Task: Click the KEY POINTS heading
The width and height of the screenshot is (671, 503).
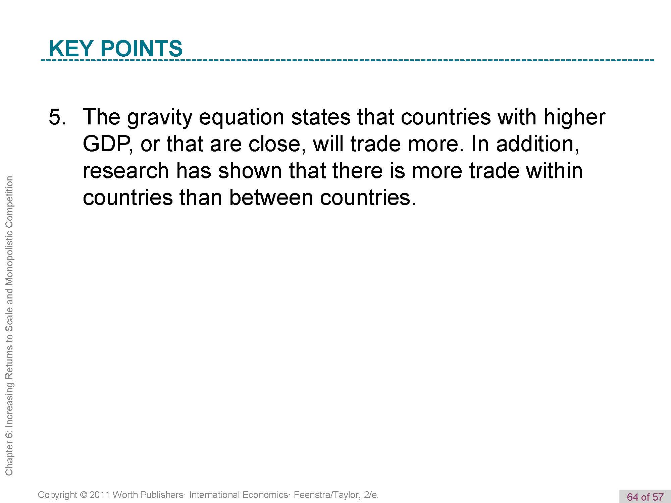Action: (x=116, y=48)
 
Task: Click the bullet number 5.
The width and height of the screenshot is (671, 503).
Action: (x=57, y=117)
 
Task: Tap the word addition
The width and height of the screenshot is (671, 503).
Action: (x=537, y=144)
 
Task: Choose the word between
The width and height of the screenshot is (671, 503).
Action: (x=271, y=197)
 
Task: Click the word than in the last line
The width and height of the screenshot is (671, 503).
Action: (x=201, y=197)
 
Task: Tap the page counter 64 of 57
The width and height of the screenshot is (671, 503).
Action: (x=645, y=497)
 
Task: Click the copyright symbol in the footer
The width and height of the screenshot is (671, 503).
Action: (x=84, y=495)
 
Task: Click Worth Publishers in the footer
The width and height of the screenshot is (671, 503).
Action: (x=148, y=495)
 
